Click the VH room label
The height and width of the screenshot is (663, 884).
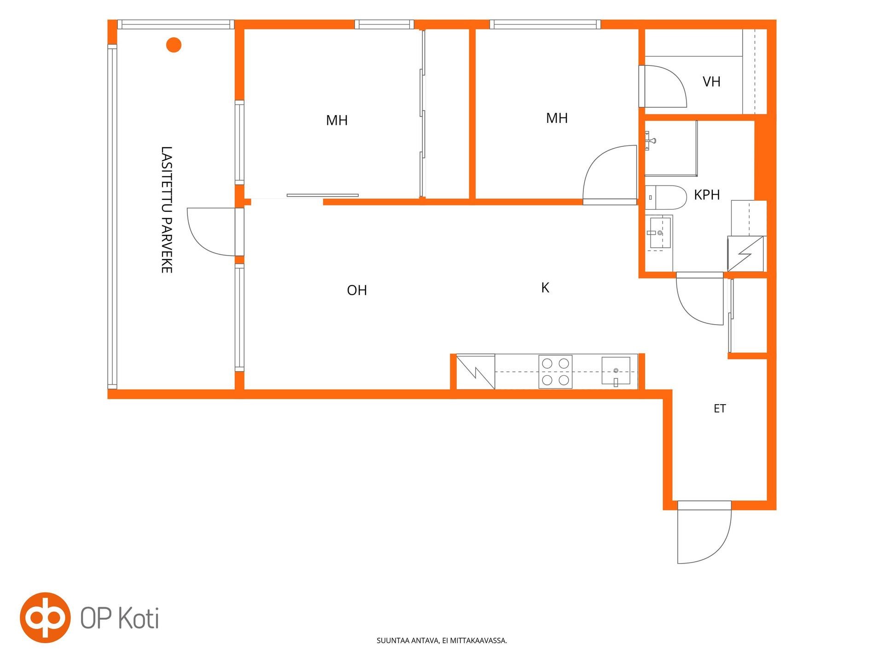tap(711, 82)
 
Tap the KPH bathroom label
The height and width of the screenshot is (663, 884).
tap(707, 195)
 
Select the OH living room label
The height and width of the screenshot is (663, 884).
tap(357, 290)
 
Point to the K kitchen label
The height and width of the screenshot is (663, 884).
tap(545, 288)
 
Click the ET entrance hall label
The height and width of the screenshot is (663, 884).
tap(720, 408)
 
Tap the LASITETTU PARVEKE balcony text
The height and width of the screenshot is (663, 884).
tap(166, 209)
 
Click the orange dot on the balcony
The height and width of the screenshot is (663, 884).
tap(174, 45)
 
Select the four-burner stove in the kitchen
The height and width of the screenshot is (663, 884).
tap(555, 372)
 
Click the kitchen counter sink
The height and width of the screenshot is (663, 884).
tap(616, 371)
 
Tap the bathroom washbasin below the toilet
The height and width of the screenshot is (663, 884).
tap(659, 233)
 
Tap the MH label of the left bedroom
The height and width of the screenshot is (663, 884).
tap(337, 121)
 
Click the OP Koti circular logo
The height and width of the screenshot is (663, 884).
tap(45, 617)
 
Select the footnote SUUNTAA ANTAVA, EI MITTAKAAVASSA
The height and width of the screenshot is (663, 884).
tap(442, 640)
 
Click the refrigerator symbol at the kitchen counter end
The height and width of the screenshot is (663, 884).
tap(476, 372)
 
